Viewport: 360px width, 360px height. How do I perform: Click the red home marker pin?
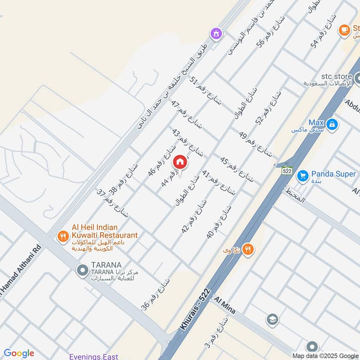coord(180,162)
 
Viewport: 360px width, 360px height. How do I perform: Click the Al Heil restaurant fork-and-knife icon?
coord(63,235)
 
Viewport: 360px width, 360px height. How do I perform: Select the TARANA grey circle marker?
coord(82,270)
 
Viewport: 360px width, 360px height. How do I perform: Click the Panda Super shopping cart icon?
coord(303,174)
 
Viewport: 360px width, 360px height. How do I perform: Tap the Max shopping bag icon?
coord(332,124)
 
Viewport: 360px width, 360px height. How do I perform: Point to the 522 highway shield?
coord(287,171)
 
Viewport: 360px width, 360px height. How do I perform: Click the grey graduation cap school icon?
coord(272,319)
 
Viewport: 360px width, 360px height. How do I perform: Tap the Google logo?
coord(18,353)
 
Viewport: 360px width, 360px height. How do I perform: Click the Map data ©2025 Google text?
coord(325,356)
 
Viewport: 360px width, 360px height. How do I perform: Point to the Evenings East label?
coord(94,357)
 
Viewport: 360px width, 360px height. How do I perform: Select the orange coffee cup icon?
coord(345,30)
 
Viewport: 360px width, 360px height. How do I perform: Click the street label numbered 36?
coord(156,294)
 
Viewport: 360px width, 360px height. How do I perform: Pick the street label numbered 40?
coord(220,221)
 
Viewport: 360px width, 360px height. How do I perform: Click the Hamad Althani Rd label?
coord(18,283)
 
